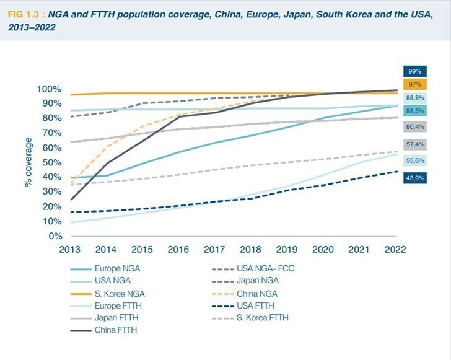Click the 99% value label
[415, 71]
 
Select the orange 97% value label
[415, 84]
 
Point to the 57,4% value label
[415, 144]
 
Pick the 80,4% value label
[415, 127]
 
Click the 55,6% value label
[415, 160]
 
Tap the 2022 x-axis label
[395, 250]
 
